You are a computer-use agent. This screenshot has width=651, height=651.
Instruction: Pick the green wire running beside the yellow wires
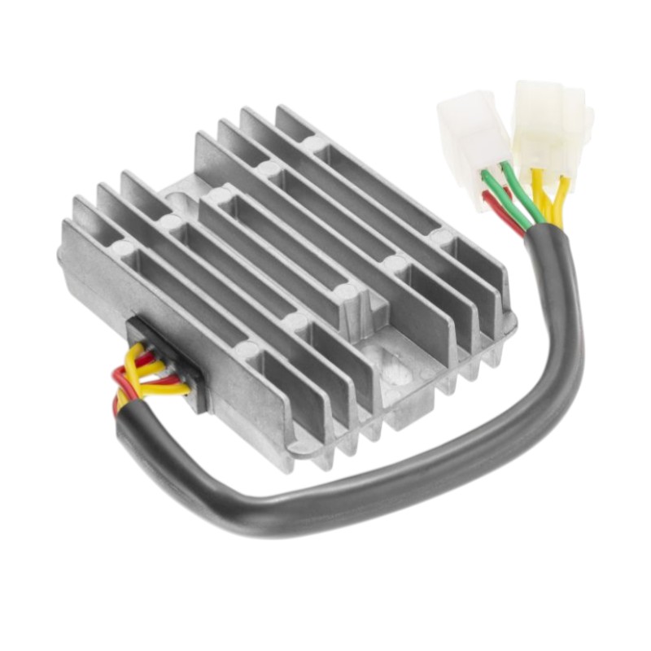[x=521, y=191]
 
